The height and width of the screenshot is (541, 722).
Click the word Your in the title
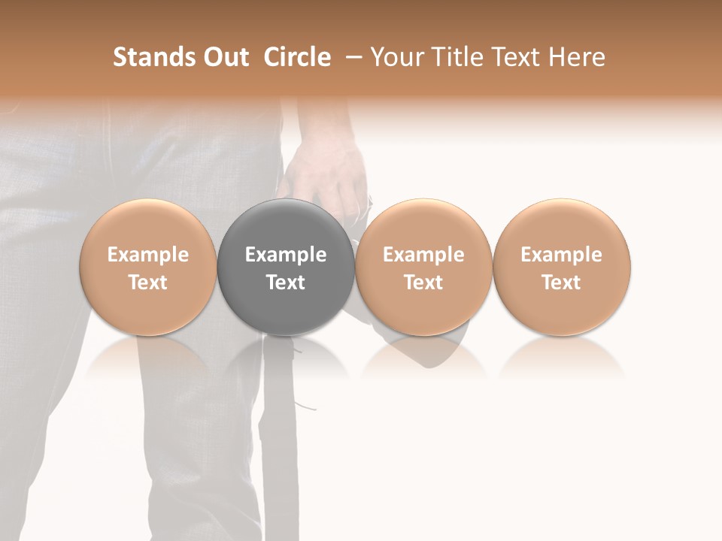coord(396,57)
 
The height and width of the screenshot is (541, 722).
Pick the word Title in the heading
coord(454,57)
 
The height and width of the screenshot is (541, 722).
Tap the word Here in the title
coord(578,57)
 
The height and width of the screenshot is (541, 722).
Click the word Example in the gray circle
coord(286,255)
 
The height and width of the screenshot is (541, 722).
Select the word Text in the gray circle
coord(286,283)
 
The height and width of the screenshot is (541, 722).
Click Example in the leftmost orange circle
coord(148,255)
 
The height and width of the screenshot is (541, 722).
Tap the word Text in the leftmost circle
coord(148,283)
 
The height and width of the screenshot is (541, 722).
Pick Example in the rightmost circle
coord(562,255)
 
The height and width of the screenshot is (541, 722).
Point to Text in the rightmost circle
coord(562,283)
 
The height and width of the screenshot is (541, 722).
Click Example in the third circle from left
coord(423,255)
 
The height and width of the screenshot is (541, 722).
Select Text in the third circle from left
coord(423,283)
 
